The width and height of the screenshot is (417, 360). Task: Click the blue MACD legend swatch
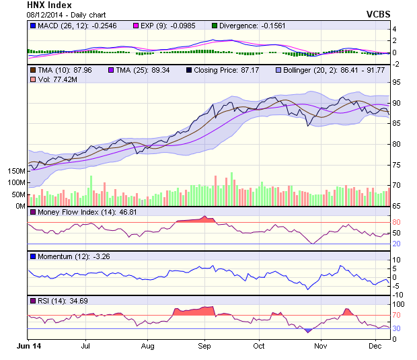33,26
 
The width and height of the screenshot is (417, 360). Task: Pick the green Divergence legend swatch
215,26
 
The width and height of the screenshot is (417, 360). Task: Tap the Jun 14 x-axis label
28,345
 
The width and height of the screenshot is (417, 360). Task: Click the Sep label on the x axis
204,345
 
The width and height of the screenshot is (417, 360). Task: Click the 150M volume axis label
15,171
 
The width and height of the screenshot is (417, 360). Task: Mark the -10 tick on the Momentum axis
398,295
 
